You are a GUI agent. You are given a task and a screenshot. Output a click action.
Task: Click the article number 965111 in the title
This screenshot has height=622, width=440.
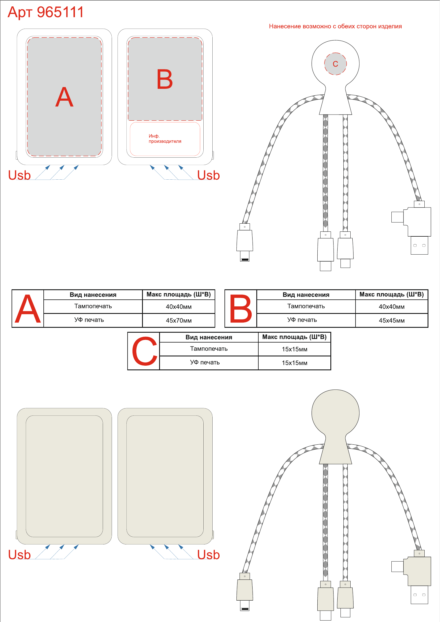point(60,12)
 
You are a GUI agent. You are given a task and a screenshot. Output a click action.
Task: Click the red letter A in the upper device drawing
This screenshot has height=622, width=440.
point(64,97)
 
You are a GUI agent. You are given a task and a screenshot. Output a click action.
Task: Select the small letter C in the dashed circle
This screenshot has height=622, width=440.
point(335,64)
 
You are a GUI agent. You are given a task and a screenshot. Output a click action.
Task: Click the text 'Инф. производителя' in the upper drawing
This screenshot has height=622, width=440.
point(165,139)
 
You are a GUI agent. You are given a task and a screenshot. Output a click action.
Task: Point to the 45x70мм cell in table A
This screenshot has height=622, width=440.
point(179,321)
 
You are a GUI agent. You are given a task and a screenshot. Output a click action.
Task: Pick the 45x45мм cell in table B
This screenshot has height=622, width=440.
point(392,321)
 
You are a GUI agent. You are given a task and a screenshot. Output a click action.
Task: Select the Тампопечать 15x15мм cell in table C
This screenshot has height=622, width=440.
point(294,349)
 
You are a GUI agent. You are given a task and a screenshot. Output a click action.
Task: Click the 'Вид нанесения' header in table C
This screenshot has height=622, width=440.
point(209,337)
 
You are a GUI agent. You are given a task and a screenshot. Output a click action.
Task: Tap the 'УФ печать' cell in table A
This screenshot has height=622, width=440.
point(89,320)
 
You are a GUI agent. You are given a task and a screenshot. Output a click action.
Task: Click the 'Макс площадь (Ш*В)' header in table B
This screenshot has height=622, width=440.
point(392,295)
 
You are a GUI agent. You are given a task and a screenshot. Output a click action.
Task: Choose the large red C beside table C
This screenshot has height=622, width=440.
point(145,351)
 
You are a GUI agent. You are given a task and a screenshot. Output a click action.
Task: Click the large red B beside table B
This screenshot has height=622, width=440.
point(241,309)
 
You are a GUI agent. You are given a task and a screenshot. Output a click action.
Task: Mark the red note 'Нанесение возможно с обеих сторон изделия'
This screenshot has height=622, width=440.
point(335,26)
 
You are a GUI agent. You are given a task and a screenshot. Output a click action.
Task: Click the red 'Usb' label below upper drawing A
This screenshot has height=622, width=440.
point(19,175)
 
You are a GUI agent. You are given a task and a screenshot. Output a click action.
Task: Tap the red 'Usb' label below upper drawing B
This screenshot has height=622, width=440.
point(209,175)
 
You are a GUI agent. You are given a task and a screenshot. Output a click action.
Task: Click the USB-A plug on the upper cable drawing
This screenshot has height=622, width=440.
point(419,245)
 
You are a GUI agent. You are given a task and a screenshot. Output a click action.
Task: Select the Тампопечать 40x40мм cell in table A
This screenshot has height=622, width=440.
point(179,307)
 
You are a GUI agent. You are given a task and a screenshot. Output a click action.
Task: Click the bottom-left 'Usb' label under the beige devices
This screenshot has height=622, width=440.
point(19,555)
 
